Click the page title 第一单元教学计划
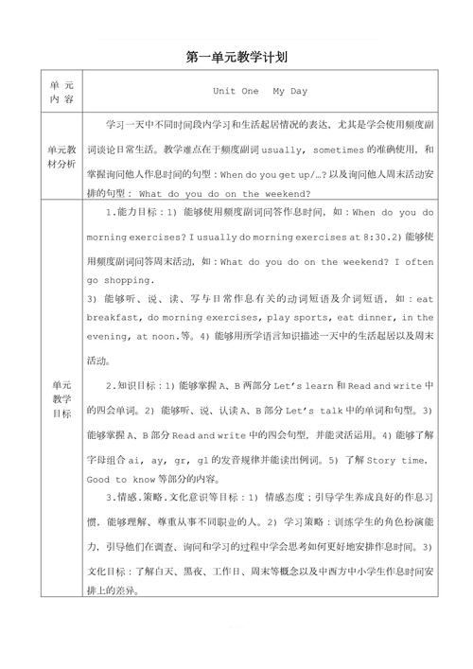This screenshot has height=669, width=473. (x=236, y=58)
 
